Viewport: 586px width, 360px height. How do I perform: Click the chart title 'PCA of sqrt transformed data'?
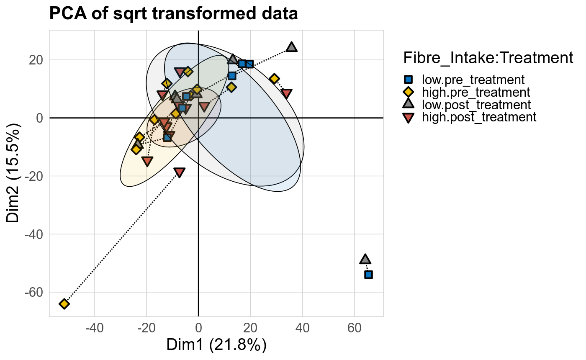[173, 14]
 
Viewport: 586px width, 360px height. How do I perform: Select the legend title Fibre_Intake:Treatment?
[488, 58]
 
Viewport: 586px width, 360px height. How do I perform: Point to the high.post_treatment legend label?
[479, 117]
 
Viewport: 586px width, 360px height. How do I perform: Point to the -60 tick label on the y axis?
[36, 292]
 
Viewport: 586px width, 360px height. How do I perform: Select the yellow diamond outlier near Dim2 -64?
[64, 303]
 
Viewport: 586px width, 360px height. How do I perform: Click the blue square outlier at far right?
[368, 275]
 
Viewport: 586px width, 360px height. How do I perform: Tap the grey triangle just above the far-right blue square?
[365, 260]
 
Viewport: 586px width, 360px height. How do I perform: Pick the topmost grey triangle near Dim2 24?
[292, 47]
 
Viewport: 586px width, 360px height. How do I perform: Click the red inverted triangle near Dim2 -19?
[180, 172]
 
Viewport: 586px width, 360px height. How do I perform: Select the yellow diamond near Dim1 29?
[274, 79]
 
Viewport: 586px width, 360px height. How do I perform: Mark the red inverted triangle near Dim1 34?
[286, 93]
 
